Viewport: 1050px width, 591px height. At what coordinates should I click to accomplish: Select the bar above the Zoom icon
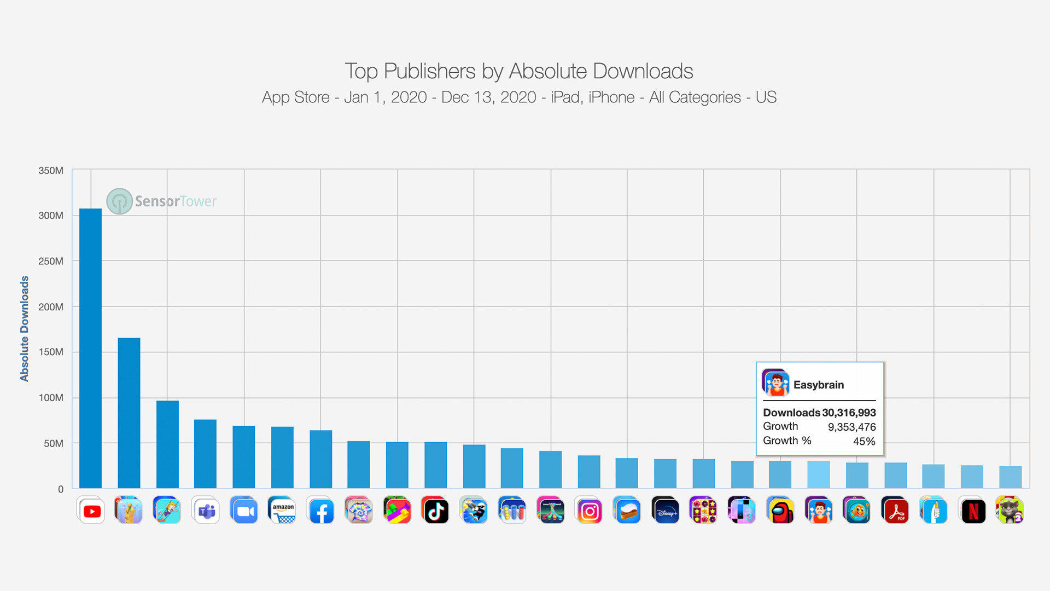click(244, 457)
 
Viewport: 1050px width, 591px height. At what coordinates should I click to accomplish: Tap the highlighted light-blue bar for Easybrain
click(818, 474)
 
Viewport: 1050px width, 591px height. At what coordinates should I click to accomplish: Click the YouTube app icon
click(91, 511)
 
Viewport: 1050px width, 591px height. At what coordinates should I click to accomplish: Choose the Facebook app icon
click(321, 511)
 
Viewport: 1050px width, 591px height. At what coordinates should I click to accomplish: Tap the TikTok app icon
click(436, 511)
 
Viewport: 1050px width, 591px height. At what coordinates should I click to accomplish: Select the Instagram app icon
click(589, 511)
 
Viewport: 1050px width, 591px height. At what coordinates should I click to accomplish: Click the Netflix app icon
click(973, 511)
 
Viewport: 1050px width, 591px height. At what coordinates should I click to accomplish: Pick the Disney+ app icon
click(666, 511)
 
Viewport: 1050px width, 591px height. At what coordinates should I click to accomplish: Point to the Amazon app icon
click(283, 511)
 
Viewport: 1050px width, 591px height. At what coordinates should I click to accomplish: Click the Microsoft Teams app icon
click(206, 511)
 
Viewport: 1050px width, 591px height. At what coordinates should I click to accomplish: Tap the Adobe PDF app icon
click(896, 511)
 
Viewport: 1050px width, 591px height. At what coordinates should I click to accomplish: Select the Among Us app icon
click(780, 511)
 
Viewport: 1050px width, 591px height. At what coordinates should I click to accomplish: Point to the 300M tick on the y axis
click(51, 216)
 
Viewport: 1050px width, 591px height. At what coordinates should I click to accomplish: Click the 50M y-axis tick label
click(54, 443)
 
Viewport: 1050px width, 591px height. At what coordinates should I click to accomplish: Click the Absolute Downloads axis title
click(25, 328)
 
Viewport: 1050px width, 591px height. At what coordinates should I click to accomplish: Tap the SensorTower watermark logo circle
click(119, 201)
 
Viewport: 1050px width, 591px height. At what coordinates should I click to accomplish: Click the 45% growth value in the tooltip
click(864, 441)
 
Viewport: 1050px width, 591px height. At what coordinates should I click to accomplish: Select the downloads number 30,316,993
click(849, 413)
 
